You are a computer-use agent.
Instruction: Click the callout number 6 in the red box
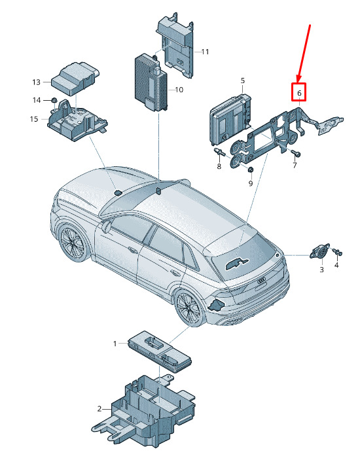(299, 93)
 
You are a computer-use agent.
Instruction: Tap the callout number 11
(205, 52)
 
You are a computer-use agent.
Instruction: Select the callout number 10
(179, 90)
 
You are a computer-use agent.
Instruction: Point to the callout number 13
(36, 82)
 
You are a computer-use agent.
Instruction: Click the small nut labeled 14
(54, 99)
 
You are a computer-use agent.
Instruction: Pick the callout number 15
(34, 119)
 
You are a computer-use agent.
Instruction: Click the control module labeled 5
(230, 118)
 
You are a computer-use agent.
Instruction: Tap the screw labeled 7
(295, 152)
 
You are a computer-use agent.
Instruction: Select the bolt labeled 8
(219, 152)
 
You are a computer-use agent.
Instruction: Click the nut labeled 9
(250, 170)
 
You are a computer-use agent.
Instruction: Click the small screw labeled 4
(337, 252)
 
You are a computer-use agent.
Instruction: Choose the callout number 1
(115, 344)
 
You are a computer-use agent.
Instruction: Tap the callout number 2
(99, 409)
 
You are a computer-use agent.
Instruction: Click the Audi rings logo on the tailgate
(262, 280)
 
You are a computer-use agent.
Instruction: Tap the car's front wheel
(72, 242)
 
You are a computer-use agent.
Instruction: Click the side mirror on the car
(106, 226)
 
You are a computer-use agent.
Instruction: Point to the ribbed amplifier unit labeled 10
(151, 82)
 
